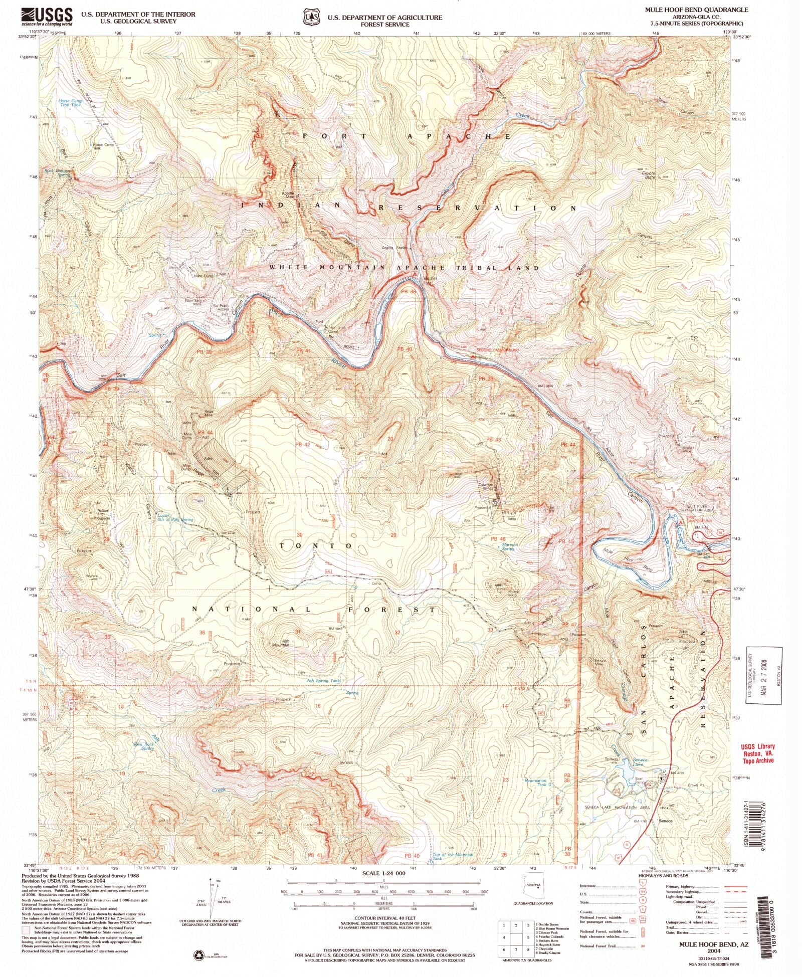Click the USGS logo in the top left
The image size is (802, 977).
47,17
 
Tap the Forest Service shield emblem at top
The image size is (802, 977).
311,17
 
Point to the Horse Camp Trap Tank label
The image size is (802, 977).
70,103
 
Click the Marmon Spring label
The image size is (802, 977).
509,546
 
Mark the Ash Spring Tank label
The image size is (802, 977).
324,681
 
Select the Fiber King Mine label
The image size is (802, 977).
193,302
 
